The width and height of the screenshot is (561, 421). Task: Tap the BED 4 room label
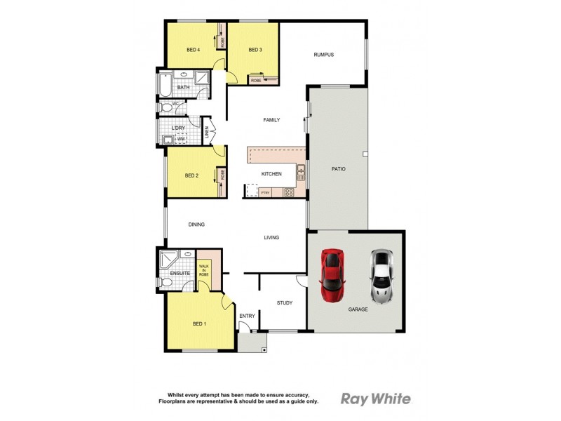(194, 50)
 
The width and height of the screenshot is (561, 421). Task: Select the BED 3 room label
(255, 50)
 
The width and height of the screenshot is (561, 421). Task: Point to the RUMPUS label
(323, 55)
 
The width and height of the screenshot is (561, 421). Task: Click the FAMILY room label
(271, 120)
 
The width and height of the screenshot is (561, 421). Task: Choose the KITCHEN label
(271, 174)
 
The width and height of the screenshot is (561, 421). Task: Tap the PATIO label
(338, 169)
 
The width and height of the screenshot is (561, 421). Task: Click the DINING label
(196, 225)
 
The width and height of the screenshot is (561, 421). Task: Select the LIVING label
(271, 238)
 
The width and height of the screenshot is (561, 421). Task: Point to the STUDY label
(284, 303)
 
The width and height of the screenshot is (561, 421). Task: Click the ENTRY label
(247, 316)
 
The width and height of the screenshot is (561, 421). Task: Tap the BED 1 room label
(199, 323)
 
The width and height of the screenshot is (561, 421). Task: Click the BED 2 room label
(192, 175)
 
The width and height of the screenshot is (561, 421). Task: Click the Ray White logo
(376, 399)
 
